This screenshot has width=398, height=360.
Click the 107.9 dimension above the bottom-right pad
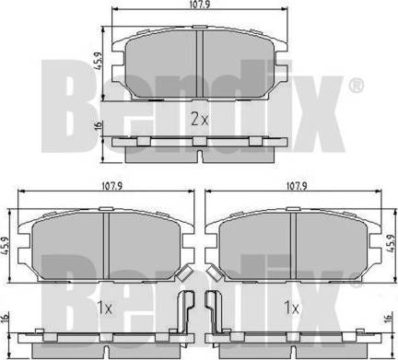pos(297,186)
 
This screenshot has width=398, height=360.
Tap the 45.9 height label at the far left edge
pos(5,245)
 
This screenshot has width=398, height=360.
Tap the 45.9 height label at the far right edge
pos(390,243)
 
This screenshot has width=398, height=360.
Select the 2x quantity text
pos(200,119)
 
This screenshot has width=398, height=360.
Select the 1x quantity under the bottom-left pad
pos(104,308)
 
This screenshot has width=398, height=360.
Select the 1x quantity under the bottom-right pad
pos(291,308)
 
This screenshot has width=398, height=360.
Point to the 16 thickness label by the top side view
pos(98,125)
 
